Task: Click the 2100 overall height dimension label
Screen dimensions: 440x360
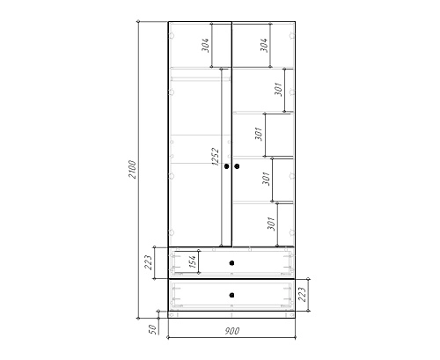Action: click(x=132, y=169)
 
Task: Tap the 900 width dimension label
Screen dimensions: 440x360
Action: click(x=232, y=331)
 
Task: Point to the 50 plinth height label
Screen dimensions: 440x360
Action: click(x=152, y=329)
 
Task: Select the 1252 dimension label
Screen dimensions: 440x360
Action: click(x=216, y=157)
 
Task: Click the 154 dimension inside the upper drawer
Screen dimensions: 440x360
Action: click(x=192, y=261)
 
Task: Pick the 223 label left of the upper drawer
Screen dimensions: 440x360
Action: click(x=148, y=262)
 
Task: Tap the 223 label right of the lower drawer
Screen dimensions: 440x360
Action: click(x=302, y=295)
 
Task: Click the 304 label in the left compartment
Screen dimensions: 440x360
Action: click(x=205, y=45)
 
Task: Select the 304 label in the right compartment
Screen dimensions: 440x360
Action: click(x=264, y=45)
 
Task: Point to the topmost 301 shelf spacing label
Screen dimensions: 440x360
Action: click(x=278, y=89)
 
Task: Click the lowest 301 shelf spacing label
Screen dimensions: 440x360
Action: click(x=272, y=224)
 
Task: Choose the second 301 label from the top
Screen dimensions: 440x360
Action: click(x=259, y=134)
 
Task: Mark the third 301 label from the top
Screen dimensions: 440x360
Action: click(x=266, y=179)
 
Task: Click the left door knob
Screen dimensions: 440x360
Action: click(x=226, y=166)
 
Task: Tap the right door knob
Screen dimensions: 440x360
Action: click(x=237, y=166)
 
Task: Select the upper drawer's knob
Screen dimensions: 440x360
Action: click(x=231, y=263)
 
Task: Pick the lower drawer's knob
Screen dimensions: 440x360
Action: click(x=231, y=295)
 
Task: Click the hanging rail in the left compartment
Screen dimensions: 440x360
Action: click(x=201, y=78)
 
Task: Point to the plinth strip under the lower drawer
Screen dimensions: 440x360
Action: click(x=231, y=314)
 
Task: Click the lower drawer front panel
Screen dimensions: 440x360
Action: click(x=231, y=295)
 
